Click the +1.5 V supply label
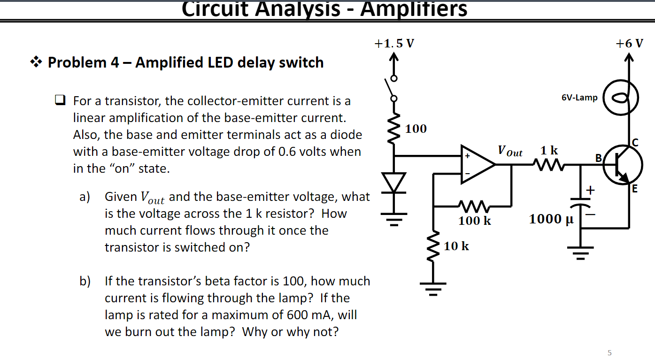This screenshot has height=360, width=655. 394,44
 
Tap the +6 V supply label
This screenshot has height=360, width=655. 630,44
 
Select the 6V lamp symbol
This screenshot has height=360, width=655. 621,98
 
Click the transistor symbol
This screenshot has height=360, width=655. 623,167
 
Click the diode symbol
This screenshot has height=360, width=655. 394,182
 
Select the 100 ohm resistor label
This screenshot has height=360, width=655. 416,129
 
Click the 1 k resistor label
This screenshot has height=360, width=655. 549,150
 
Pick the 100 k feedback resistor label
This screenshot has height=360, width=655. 475,220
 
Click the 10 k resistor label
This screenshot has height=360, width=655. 456,245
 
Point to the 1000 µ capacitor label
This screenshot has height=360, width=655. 551,219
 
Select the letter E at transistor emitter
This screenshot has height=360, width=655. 635,189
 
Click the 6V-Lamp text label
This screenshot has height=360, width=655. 579,98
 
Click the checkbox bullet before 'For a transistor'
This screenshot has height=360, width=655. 60,100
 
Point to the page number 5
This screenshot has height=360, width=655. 609,352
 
